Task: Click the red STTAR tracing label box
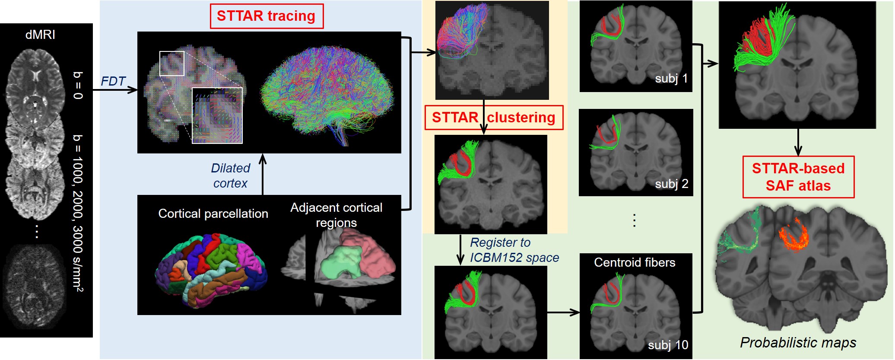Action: pos(267,16)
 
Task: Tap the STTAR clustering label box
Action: pos(494,118)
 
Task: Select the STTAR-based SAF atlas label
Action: pos(798,177)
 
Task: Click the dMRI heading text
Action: pos(40,35)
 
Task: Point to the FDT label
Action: pos(113,81)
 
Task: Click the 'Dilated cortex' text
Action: pos(230,175)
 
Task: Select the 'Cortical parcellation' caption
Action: pos(213,213)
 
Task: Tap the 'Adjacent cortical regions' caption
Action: pos(336,215)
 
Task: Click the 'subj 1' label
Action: pos(671,79)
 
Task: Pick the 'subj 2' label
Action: pos(671,184)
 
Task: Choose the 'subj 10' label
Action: pos(668,345)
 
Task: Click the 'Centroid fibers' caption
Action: pos(635,262)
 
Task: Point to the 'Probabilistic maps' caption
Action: pos(798,343)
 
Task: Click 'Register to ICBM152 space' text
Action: pos(514,250)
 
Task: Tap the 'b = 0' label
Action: pos(78,85)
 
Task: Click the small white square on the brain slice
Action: pos(172,64)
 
